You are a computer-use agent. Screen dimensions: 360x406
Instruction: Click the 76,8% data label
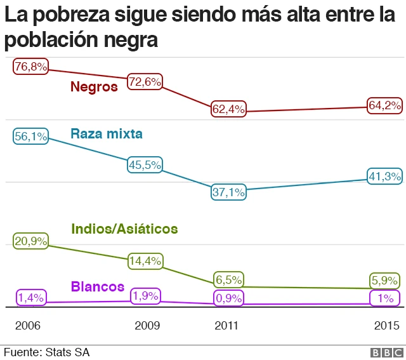[x=31, y=67]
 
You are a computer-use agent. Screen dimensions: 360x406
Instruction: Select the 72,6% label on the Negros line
[x=145, y=82]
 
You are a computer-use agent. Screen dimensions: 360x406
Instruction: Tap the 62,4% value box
[x=228, y=109]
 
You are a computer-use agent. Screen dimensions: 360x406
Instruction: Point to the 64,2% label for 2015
[x=384, y=105]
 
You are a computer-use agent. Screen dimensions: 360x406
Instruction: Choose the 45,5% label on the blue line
[x=145, y=164]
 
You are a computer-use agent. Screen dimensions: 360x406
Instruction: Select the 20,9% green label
[x=31, y=241]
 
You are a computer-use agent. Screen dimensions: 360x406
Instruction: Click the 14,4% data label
[x=145, y=260]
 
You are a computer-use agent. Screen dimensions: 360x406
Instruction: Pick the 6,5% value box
[x=228, y=279]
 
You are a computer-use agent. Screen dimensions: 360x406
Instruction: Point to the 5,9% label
[x=384, y=280]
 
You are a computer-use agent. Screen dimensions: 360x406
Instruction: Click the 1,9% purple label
[x=145, y=296]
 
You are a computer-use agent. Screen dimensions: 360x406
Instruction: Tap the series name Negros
[x=94, y=86]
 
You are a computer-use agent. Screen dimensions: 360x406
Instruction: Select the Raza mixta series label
[x=107, y=134]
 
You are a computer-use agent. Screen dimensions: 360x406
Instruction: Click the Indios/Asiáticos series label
[x=124, y=229]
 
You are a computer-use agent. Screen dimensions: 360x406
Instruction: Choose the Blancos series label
[x=97, y=286]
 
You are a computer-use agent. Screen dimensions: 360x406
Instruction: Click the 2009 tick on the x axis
[x=147, y=326]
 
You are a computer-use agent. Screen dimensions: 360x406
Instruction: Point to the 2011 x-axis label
[x=226, y=326]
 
